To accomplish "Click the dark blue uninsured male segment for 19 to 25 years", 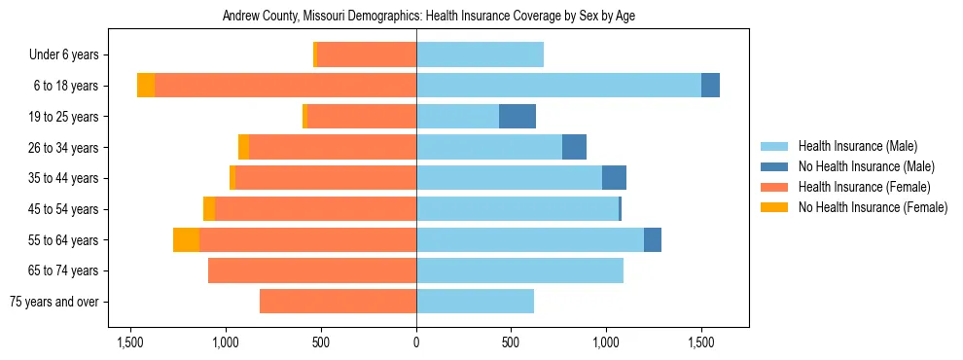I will point(517,117).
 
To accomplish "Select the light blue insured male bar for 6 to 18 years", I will point(558,86).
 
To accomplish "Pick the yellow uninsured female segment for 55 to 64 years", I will point(186,239).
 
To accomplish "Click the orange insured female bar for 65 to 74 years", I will point(312,270).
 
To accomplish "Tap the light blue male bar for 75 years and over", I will point(475,302).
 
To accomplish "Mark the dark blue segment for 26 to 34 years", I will point(574,147).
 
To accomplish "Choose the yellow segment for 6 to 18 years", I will point(146,86).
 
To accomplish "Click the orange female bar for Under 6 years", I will point(367,54).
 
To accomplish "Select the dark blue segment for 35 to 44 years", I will point(614,178).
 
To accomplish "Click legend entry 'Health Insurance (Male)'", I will point(857,146).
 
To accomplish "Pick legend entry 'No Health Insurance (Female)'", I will point(872,207).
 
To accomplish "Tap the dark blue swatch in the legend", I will point(774,166).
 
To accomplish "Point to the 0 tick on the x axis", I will point(416,342).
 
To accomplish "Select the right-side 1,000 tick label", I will point(606,342).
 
